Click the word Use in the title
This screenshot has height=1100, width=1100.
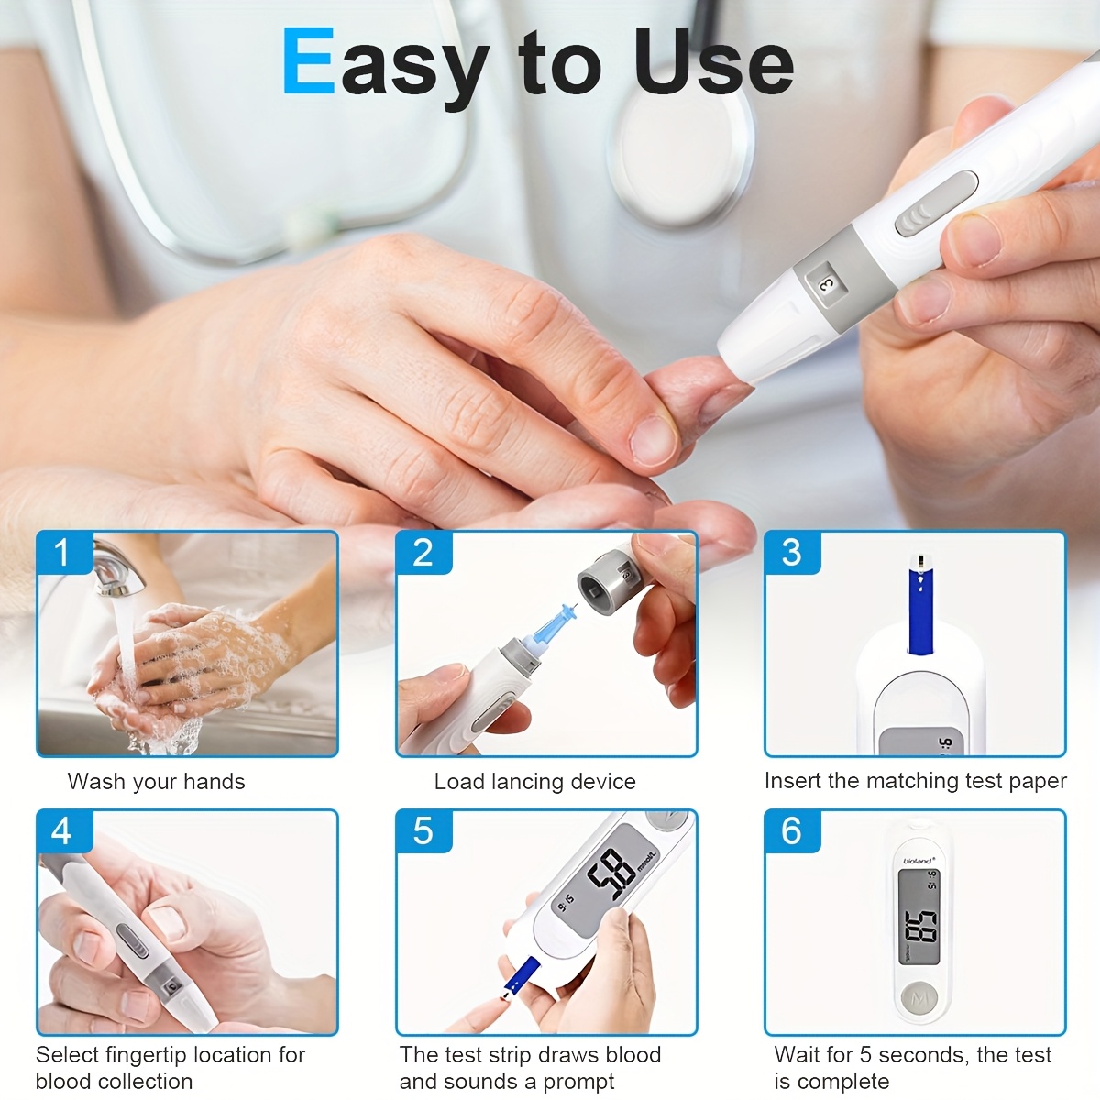point(713,62)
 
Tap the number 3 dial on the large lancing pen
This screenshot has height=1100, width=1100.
point(826,285)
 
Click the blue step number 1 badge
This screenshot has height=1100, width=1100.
point(63,553)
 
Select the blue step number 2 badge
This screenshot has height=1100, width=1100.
point(423,553)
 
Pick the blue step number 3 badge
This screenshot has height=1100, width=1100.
point(792,553)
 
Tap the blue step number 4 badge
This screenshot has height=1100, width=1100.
point(63,831)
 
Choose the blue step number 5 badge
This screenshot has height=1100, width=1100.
point(423,831)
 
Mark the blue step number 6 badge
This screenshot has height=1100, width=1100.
point(792,831)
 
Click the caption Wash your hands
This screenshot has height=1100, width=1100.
point(157,782)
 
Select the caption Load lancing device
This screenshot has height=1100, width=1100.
point(534,782)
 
